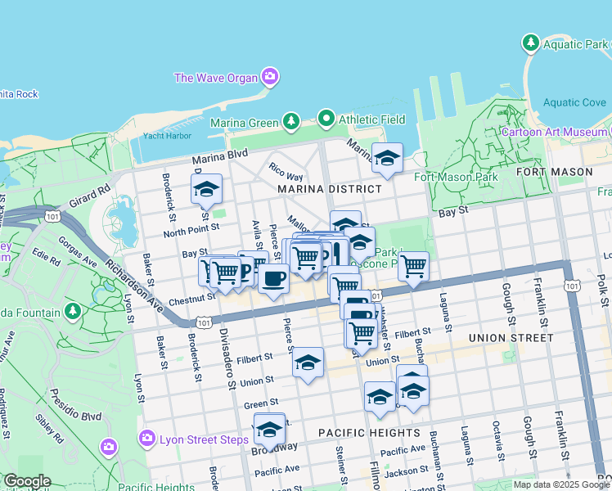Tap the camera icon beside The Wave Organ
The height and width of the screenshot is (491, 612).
click(x=269, y=79)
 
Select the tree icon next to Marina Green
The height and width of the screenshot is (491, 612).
click(x=290, y=122)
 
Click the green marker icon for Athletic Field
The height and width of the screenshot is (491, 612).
click(x=327, y=119)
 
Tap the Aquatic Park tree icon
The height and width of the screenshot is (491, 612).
click(x=530, y=42)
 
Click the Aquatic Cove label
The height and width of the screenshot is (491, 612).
click(x=575, y=103)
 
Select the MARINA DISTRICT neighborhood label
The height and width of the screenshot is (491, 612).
click(x=329, y=189)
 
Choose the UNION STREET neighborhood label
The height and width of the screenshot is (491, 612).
click(x=511, y=337)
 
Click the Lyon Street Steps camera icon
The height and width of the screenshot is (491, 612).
click(x=148, y=439)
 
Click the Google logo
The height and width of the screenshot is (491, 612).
click(x=26, y=481)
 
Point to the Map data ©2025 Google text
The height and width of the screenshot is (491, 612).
click(x=560, y=484)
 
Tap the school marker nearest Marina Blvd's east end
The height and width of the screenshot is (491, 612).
click(x=387, y=159)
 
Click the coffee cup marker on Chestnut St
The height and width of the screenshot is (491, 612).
click(x=272, y=277)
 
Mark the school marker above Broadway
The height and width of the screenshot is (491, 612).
click(x=268, y=428)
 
